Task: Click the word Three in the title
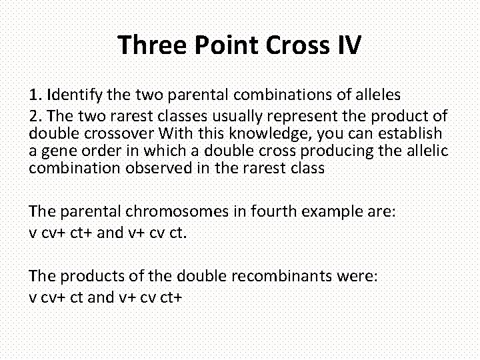pyautogui.click(x=153, y=45)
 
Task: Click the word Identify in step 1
pyautogui.click(x=71, y=93)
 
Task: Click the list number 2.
pyautogui.click(x=33, y=116)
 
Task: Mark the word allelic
pyautogui.click(x=424, y=151)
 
